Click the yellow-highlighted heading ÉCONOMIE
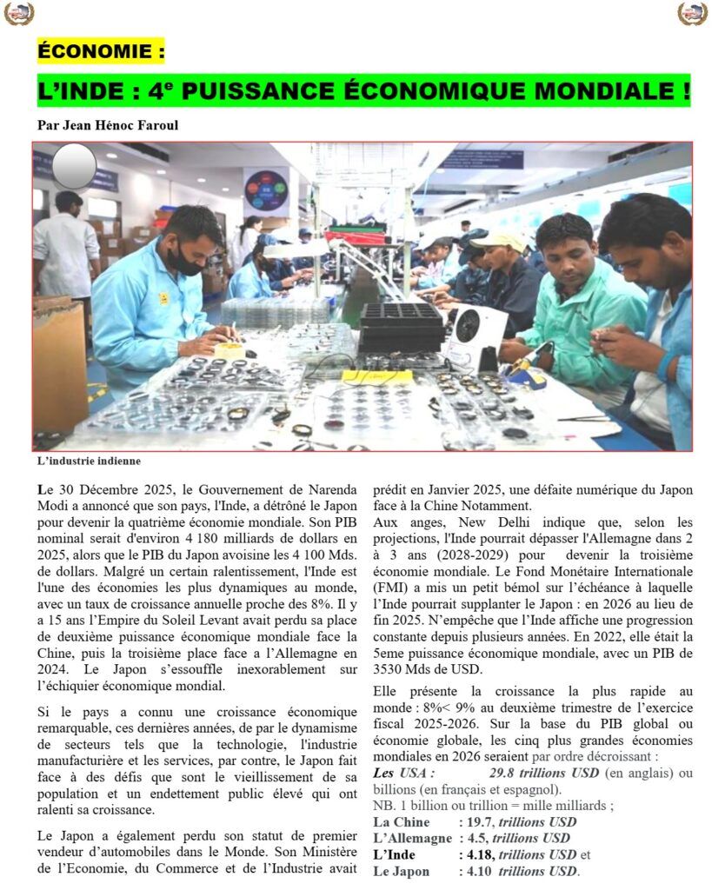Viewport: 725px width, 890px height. (101, 51)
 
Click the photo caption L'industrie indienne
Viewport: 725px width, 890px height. (89, 461)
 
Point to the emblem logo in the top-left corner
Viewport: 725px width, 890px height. (18, 14)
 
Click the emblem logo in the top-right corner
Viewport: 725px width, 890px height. (693, 14)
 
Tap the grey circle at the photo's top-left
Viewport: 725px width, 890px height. (75, 166)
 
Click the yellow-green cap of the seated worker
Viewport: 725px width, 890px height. (498, 239)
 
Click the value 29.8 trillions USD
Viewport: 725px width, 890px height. (544, 773)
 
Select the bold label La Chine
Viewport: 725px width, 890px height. (401, 822)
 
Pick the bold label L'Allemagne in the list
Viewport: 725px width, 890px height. (412, 839)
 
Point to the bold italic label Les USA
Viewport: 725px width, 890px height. (403, 773)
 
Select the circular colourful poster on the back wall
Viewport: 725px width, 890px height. (265, 189)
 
